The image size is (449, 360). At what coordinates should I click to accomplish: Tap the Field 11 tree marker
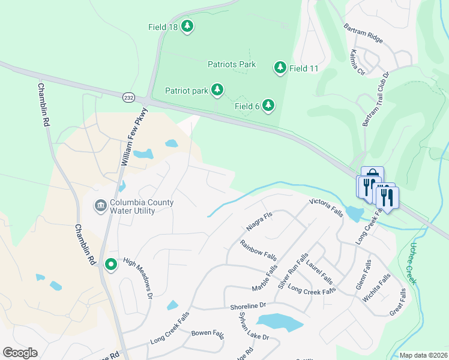(280, 68)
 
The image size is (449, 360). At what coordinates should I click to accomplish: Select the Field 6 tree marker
(268, 106)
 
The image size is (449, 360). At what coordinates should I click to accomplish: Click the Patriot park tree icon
(217, 91)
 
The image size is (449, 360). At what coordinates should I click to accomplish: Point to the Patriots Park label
(232, 64)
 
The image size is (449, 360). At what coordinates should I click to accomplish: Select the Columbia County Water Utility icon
(100, 206)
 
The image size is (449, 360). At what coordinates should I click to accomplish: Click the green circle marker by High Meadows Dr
(111, 263)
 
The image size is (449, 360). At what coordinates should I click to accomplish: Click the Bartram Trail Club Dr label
(376, 100)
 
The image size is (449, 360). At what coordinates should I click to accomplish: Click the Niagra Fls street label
(259, 222)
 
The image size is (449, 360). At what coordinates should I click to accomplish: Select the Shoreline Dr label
(247, 306)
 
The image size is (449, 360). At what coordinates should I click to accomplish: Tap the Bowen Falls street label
(207, 332)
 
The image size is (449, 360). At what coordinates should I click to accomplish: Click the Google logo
(20, 353)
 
